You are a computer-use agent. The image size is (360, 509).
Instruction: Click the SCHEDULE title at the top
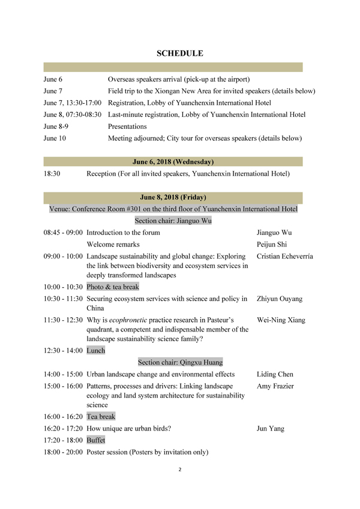180,53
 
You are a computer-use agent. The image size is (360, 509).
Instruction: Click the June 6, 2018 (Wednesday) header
173,161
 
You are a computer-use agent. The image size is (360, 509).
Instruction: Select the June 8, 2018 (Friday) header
173,197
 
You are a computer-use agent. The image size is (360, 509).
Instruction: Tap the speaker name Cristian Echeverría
284,256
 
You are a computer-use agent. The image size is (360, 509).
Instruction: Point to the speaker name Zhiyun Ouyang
279,299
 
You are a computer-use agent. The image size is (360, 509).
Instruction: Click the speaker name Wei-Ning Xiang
281,320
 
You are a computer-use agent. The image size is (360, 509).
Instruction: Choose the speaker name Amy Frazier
275,386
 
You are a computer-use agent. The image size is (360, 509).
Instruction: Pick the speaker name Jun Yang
270,429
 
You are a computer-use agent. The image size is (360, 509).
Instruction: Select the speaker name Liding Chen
275,374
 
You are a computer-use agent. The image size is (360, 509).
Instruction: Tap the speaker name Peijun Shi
272,244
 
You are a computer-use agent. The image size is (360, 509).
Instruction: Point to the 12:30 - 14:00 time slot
63,351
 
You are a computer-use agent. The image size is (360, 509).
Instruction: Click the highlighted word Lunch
96,351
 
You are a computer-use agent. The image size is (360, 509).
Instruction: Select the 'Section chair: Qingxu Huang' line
180,362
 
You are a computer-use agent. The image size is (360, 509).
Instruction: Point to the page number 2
180,469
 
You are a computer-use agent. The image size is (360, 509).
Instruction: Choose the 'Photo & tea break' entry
113,287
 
